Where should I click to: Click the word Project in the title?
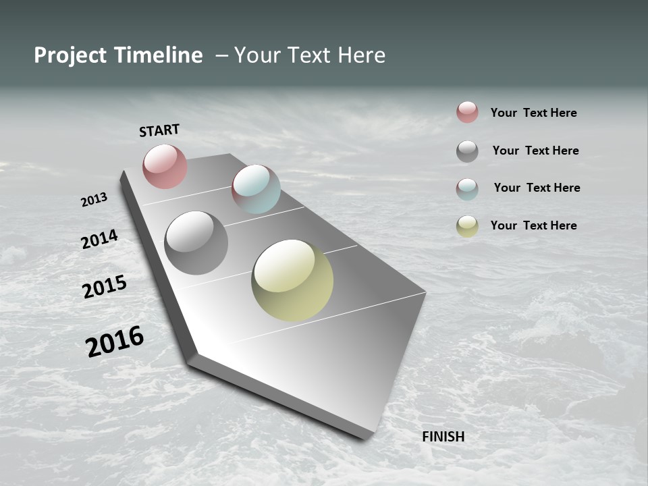coord(70,55)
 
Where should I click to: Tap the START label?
coord(159,130)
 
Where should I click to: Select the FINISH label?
coord(443,437)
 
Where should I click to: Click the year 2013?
coord(94,200)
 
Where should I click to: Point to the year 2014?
coord(100,239)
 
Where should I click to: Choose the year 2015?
coord(105,286)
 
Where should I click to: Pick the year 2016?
coord(115,341)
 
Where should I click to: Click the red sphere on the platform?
coord(165,166)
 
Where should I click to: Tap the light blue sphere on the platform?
coord(256,189)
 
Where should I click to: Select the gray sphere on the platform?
coord(196,243)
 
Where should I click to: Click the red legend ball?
coord(467,112)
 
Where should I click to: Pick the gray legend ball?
coord(467,151)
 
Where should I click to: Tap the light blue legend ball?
coord(467,189)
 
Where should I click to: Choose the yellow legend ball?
coord(467,226)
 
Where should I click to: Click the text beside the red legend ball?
coord(533,113)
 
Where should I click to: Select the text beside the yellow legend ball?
coord(533,225)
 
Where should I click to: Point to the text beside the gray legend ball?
coord(535,151)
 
